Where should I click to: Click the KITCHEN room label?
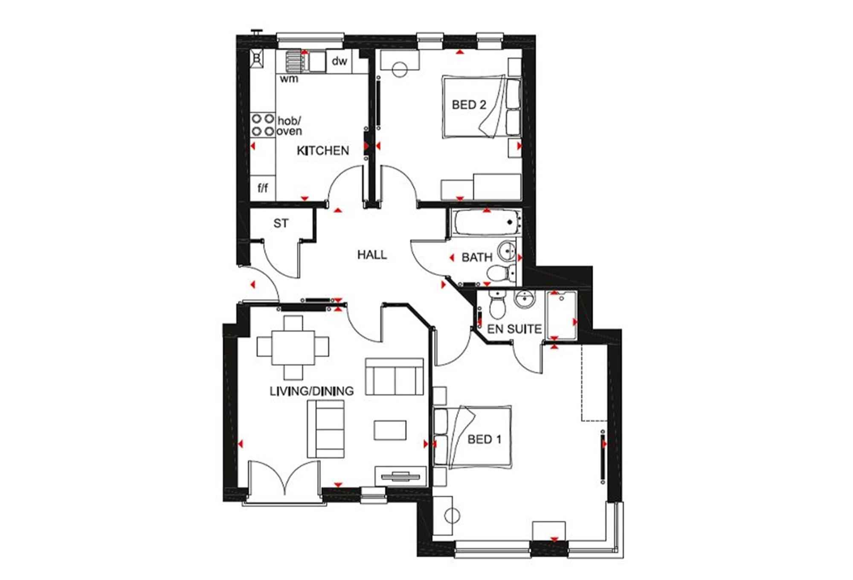tap(322, 151)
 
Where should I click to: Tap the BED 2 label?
tap(469, 105)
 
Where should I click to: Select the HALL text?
tap(372, 255)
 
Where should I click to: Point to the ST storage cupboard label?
tap(281, 223)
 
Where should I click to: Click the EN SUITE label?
tap(514, 329)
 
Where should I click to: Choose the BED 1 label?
tap(484, 439)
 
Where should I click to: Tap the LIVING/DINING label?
tap(311, 391)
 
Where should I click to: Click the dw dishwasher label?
tap(339, 61)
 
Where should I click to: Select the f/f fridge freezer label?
tap(263, 188)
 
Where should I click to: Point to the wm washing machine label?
tap(289, 79)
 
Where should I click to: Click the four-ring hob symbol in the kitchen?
tap(262, 125)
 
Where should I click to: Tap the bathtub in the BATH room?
tap(487, 222)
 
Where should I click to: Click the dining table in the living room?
tap(293, 346)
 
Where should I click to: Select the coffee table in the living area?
tap(390, 430)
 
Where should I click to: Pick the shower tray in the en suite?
tap(561, 315)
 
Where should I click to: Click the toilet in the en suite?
tap(496, 306)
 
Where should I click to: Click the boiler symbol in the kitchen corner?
tap(257, 58)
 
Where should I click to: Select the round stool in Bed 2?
tap(400, 70)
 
